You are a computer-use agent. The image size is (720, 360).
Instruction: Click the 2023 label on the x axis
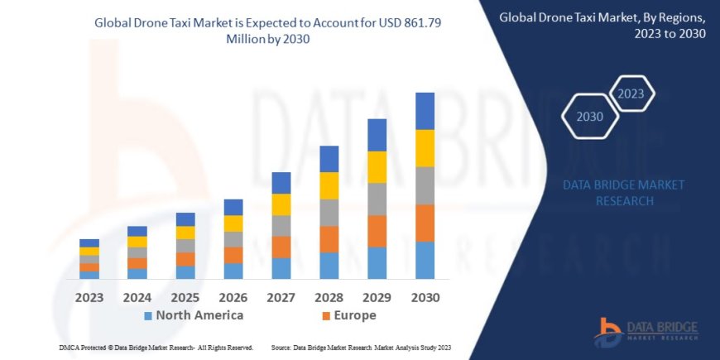(x=89, y=296)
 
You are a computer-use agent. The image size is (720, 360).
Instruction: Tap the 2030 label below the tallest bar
(x=425, y=296)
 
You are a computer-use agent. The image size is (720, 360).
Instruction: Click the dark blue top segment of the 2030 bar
(x=425, y=111)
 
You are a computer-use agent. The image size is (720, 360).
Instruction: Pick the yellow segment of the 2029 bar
(x=377, y=167)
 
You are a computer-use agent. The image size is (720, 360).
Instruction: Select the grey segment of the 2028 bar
(x=329, y=213)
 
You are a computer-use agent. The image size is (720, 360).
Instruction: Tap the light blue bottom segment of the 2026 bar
(x=234, y=271)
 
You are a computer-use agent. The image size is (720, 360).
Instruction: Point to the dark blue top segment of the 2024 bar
(x=137, y=231)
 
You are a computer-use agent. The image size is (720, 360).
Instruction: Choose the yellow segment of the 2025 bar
(x=185, y=233)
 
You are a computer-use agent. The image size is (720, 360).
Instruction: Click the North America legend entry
(x=199, y=315)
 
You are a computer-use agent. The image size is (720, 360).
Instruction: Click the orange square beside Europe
(x=326, y=316)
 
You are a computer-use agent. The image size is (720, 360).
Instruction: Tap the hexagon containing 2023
(x=631, y=94)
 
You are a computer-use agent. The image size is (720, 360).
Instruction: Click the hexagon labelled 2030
(x=590, y=117)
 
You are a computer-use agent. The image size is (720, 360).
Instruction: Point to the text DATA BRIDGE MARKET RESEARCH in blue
(x=623, y=193)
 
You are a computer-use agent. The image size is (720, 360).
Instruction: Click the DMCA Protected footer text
(x=156, y=348)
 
